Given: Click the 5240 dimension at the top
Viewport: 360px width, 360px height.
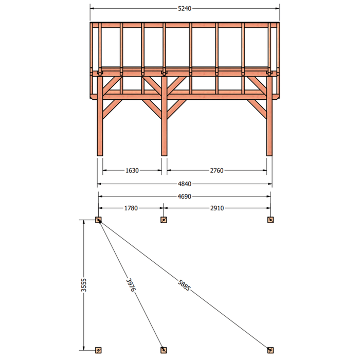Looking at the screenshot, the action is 185,9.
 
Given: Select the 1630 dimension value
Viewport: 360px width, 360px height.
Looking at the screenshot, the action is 132,171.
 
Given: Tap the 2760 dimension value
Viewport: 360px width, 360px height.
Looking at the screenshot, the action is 217,171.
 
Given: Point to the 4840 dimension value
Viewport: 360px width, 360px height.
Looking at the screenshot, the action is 185,184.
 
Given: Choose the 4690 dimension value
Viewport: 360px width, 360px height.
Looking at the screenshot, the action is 185,196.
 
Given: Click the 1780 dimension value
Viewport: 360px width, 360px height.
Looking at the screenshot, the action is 131,208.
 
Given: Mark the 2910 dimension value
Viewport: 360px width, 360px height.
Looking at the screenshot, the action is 217,208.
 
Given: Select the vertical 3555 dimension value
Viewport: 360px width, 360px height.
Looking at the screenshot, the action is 84,285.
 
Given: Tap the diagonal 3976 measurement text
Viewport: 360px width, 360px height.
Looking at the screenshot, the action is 131,285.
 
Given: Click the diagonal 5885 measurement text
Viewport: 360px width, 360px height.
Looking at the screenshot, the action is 184,285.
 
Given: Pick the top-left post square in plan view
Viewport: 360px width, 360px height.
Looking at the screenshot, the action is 98,220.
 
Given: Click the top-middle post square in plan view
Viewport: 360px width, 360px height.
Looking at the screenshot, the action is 164,220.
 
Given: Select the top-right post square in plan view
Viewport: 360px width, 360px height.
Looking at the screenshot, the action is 271,220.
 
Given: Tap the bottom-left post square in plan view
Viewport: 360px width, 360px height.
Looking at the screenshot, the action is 98,350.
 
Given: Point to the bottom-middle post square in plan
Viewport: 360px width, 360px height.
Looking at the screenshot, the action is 164,350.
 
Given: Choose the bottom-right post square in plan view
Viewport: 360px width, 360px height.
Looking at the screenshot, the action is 271,350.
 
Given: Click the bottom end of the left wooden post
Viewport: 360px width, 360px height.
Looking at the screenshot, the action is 100,155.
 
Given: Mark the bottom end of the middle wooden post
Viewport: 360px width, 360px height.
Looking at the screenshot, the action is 164,155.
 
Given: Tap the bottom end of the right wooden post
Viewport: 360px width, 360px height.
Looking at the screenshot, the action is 269,155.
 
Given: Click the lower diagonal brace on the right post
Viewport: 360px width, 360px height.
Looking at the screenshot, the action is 257,109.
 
